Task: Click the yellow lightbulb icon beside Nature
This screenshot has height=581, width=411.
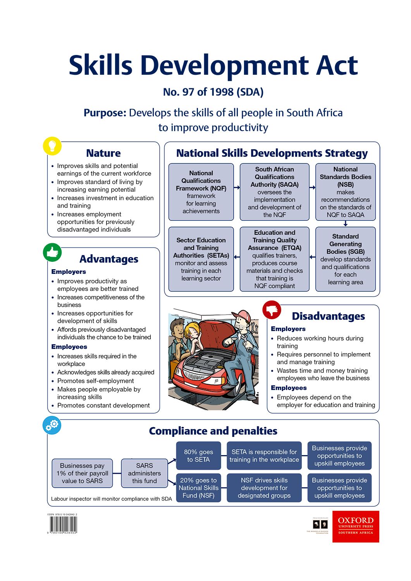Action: [x=52, y=146]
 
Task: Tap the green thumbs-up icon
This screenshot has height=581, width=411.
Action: [x=52, y=252]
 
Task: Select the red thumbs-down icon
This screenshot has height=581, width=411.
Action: [x=272, y=310]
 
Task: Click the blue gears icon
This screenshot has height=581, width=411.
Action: [x=52, y=425]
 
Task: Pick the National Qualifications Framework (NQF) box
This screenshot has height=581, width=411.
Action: [x=201, y=192]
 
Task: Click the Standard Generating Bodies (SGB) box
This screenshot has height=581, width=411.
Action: [x=346, y=259]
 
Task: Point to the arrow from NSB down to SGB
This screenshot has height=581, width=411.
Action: [x=346, y=223]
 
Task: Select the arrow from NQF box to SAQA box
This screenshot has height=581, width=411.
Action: [x=237, y=187]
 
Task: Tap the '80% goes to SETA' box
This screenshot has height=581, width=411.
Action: [x=198, y=456]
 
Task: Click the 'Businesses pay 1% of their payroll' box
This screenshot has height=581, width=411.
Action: [x=82, y=473]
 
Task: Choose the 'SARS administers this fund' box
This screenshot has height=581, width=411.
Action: [x=144, y=473]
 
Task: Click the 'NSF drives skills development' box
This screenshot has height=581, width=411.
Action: [x=264, y=488]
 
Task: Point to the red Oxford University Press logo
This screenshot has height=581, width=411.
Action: [x=356, y=526]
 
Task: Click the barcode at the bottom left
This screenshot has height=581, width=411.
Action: [x=63, y=525]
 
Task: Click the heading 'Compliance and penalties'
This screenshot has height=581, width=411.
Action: [x=213, y=431]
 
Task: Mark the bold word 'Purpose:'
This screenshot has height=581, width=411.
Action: [x=105, y=113]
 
